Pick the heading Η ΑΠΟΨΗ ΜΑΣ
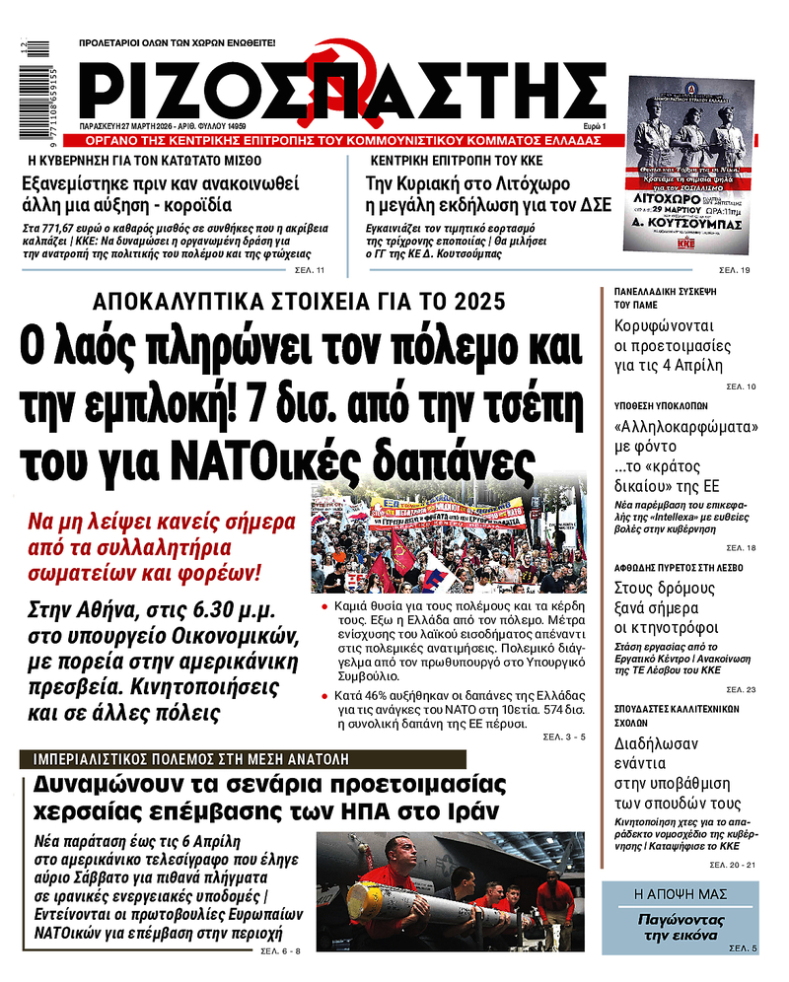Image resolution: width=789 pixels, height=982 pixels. (680, 894)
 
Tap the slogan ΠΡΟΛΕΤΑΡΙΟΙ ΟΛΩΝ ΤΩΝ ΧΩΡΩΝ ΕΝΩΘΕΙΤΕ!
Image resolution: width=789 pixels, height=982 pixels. (177, 43)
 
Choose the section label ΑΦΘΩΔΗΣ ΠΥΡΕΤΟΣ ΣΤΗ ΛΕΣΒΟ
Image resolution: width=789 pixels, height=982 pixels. (679, 568)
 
